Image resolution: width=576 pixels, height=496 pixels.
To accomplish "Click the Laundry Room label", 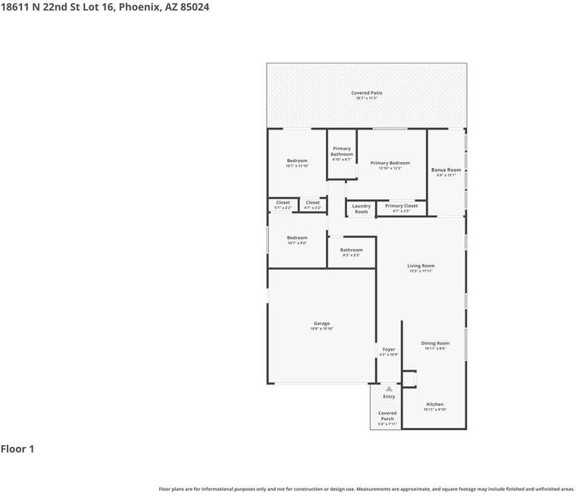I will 362,209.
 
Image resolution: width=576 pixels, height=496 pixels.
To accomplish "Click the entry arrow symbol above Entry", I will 389,388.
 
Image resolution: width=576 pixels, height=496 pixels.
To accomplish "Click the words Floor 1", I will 17,449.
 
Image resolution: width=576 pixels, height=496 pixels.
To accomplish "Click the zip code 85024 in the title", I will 193,7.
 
